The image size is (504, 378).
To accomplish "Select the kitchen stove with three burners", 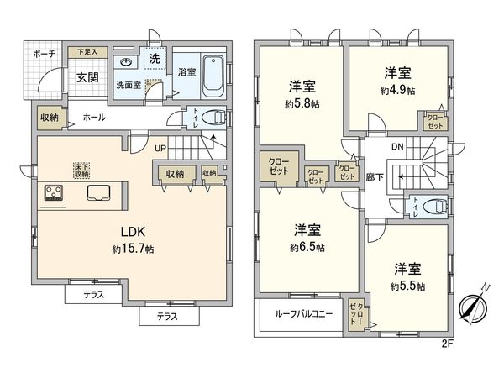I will tap(55, 193).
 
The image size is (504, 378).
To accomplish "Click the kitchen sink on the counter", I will tap(97, 192).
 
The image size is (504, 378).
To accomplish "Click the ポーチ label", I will tap(45, 53).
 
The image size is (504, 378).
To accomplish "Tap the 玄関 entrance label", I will tap(87, 77).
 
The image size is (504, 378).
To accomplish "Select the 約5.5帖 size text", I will tap(407, 286).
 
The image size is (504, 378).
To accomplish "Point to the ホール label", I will tap(94, 118).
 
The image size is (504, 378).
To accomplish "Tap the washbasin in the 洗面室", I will tap(124, 62).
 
